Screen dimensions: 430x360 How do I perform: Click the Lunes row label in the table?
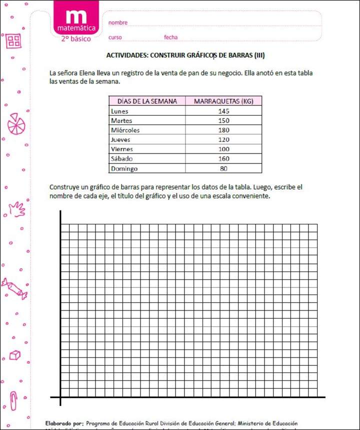pos(119,111)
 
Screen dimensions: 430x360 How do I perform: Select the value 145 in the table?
pos(223,111)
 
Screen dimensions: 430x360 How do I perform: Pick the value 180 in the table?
pos(223,130)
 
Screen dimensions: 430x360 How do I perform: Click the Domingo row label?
pos(124,168)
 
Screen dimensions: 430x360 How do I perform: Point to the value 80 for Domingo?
pos(223,168)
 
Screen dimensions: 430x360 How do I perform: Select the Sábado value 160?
pos(223,159)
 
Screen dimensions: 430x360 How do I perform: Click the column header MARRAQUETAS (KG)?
pos(223,101)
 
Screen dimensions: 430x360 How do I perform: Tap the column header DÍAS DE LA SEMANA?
pos(147,101)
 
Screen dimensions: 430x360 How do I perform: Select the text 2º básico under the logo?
pos(76,38)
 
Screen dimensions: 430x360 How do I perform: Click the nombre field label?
pos(118,22)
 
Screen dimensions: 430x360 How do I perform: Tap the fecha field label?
pos(170,37)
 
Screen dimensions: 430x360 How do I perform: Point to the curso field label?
pos(115,37)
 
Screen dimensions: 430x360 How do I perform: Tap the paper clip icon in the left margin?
pos(14,400)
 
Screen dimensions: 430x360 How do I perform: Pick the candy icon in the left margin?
pos(14,288)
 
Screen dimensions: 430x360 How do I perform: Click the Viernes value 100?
pos(223,149)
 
